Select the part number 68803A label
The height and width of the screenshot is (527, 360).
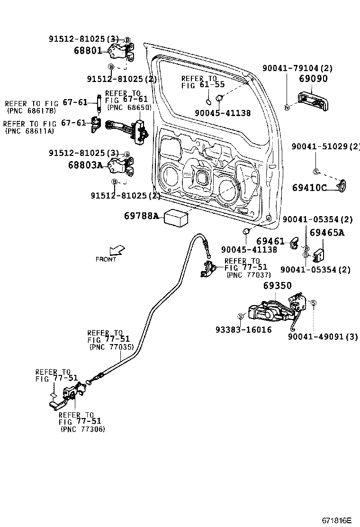tap(85, 165)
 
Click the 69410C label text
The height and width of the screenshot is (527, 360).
tap(309, 188)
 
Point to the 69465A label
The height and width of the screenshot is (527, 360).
tap(327, 233)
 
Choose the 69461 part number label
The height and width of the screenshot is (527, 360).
tap(270, 242)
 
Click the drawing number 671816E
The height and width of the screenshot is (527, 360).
tap(337, 520)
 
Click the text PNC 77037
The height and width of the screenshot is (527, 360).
tap(248, 274)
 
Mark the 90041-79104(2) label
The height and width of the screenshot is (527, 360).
tap(297, 68)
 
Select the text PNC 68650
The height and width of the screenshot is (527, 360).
tap(129, 108)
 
